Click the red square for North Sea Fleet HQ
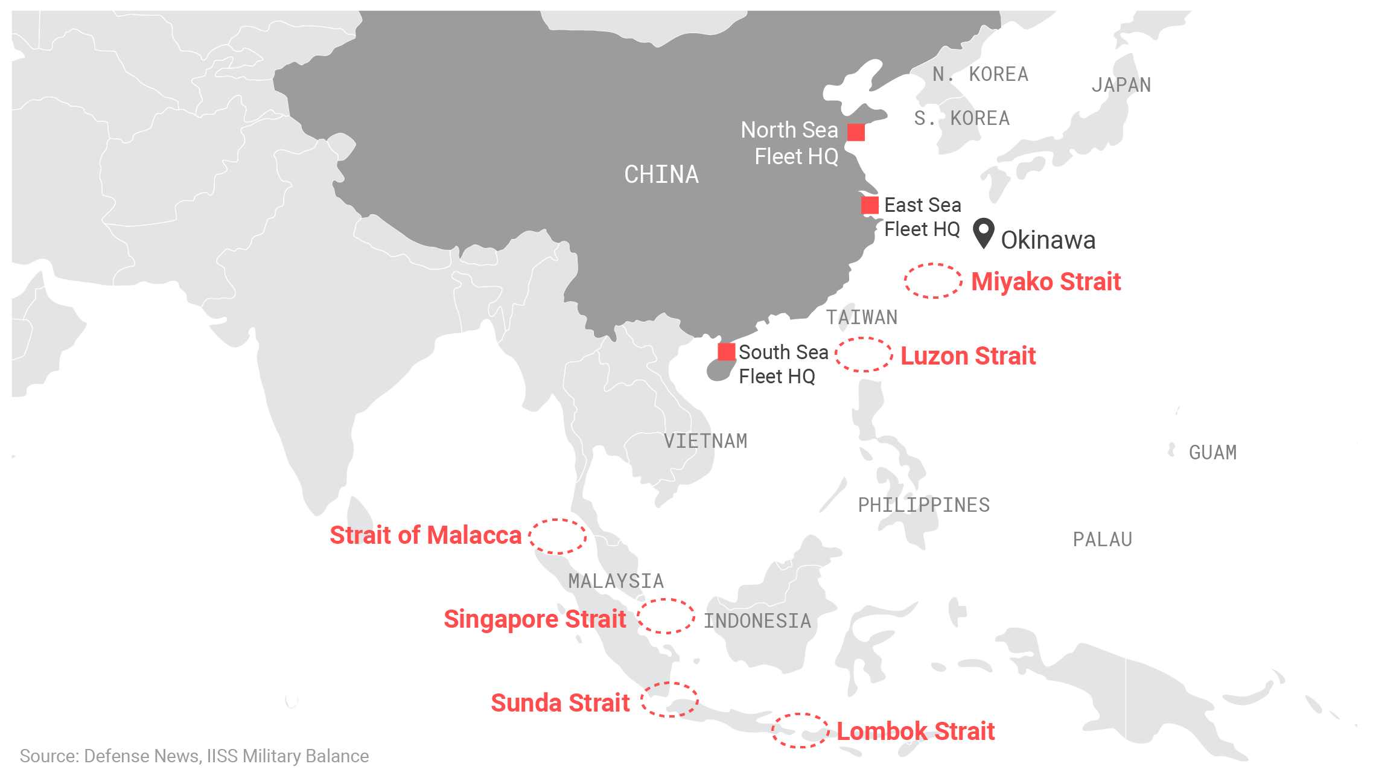coord(856,132)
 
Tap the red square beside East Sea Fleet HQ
coord(870,205)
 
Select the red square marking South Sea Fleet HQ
coord(727,351)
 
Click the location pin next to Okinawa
coord(984,232)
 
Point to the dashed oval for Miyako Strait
coord(933,281)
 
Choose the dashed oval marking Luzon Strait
coord(864,355)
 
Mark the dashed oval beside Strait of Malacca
coord(558,536)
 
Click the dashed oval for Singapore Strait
coord(666,616)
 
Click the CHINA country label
coord(661,175)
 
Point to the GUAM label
coord(1212,453)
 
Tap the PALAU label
coord(1103,540)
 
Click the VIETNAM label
coord(706,441)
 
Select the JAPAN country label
coord(1121,85)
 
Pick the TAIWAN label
coord(862,317)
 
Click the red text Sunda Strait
coord(560,703)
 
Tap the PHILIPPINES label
coord(924,505)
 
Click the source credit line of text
coord(194,756)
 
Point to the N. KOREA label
coord(980,74)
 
